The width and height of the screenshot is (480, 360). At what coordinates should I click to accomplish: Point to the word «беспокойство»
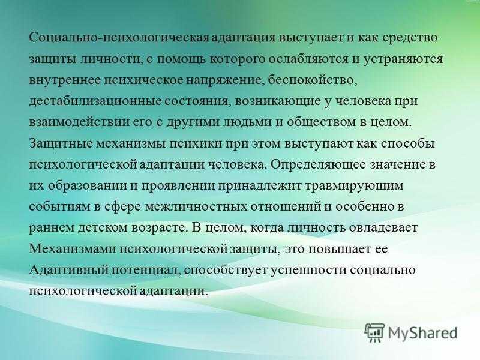[312, 80]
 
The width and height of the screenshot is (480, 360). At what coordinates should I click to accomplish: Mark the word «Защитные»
[60, 143]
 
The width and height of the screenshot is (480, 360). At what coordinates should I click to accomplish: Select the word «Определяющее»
[318, 164]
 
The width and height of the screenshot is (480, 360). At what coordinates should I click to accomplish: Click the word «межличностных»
[196, 206]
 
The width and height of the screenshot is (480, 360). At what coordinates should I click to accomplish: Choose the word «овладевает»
[383, 227]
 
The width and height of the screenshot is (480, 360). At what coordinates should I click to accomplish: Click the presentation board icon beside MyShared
[374, 332]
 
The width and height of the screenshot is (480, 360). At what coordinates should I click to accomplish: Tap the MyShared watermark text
[423, 332]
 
